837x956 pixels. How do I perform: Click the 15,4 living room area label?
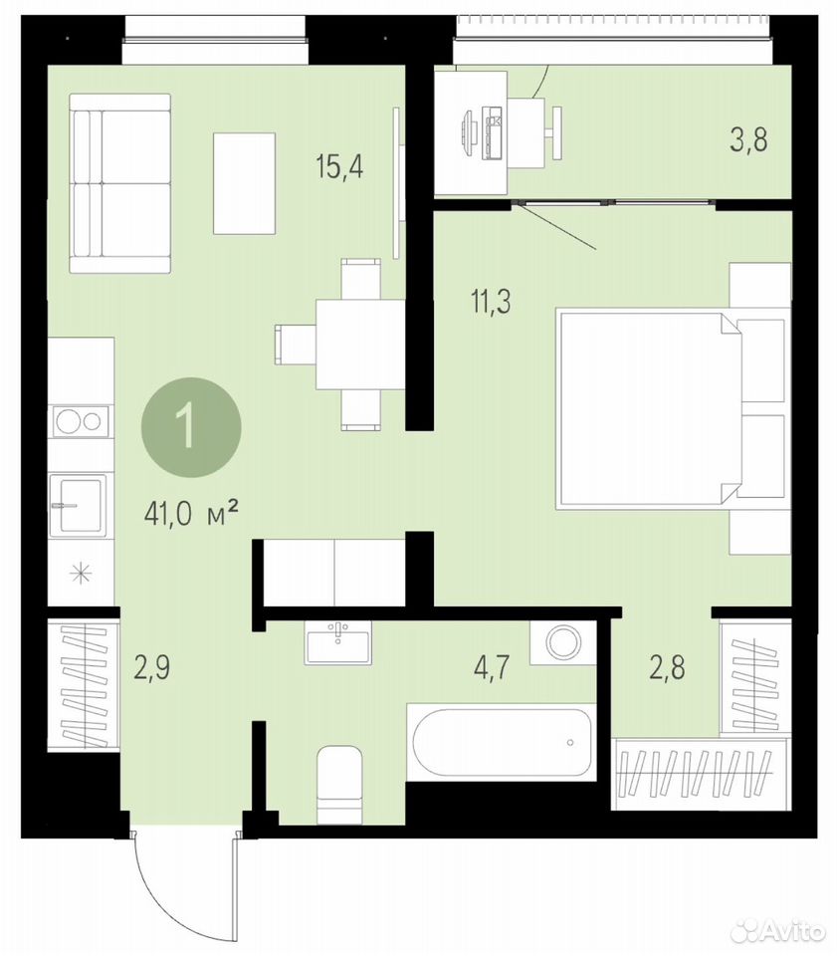pos(339,166)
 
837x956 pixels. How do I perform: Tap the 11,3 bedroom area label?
pos(491,301)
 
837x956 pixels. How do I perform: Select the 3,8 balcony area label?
pos(748,139)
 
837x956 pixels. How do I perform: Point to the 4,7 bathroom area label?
pos(492,668)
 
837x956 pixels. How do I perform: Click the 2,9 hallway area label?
pos(151,667)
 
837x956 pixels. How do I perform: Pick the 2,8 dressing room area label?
pos(667,667)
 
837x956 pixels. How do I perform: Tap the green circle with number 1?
pos(191,428)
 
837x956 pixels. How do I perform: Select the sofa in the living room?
pos(120,183)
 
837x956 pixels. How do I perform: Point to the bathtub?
pos(502,742)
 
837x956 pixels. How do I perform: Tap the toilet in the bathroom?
pos(339,783)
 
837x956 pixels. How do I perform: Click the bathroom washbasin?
pos(337,643)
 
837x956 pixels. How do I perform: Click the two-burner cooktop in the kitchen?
pos(81,421)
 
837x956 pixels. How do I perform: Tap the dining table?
pos(360,345)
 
